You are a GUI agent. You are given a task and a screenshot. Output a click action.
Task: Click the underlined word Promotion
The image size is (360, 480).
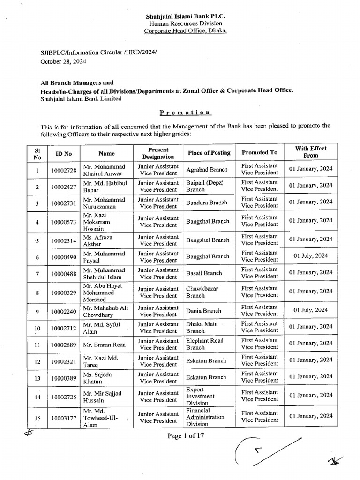coord(179,112)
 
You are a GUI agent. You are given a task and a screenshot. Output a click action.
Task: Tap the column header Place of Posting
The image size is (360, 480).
coord(209,152)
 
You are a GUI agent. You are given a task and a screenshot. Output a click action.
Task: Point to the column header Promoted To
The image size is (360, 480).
coord(259,152)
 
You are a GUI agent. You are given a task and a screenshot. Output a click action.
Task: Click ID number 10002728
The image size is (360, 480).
coord(64,169)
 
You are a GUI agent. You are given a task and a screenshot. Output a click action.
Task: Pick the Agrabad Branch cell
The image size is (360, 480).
coord(207,169)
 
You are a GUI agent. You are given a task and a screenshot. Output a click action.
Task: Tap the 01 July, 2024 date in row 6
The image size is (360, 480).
coord(310,256)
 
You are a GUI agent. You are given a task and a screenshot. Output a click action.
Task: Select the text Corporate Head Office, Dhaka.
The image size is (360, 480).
coord(179,31)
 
